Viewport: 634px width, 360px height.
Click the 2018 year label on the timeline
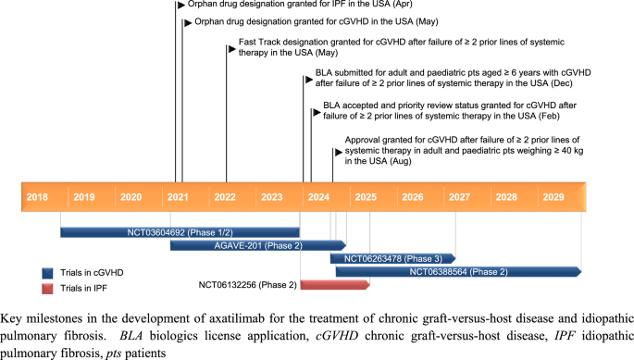(x=38, y=197)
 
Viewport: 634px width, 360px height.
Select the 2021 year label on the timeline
(x=178, y=197)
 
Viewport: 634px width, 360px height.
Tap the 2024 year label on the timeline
(x=318, y=197)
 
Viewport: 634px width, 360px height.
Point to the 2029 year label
(x=553, y=197)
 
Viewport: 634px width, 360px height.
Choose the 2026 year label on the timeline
(x=412, y=197)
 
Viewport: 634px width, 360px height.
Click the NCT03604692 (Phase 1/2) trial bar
(x=180, y=231)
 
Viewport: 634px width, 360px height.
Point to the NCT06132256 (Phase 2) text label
(x=248, y=284)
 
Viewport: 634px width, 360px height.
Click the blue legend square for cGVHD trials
(x=48, y=273)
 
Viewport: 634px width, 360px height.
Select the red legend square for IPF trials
(x=48, y=289)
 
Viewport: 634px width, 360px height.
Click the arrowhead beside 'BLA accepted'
(x=316, y=111)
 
